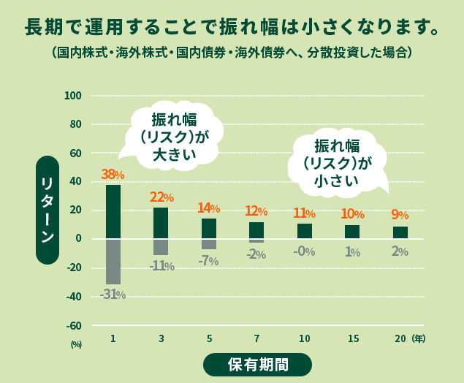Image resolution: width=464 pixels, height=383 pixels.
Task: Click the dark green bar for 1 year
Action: click(x=113, y=211)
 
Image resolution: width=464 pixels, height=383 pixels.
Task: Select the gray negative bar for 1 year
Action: click(x=113, y=261)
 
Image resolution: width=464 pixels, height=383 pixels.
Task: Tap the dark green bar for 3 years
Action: click(x=161, y=223)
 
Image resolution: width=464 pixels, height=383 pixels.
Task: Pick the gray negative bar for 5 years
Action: click(x=209, y=244)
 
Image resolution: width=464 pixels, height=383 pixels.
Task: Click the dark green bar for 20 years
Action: click(x=400, y=232)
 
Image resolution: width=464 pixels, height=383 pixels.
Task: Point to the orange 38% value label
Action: click(x=113, y=175)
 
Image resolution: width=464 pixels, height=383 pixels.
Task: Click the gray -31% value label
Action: click(x=113, y=295)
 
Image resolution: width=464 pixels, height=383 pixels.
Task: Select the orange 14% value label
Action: click(x=209, y=208)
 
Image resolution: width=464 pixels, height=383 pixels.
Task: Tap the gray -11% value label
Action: click(x=161, y=266)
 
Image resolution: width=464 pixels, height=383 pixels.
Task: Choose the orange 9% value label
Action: click(x=400, y=215)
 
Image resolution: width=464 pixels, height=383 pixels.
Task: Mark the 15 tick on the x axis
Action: click(x=352, y=338)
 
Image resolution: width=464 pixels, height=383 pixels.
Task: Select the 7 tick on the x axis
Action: click(x=256, y=338)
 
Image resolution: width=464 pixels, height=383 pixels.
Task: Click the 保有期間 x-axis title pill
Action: click(x=257, y=364)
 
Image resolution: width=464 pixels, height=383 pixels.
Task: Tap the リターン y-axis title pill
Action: click(x=47, y=210)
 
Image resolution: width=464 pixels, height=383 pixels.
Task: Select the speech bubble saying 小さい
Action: click(x=337, y=162)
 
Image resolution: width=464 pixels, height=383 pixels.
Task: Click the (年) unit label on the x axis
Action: click(x=419, y=338)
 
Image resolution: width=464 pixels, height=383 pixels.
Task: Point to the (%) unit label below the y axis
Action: click(x=76, y=344)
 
